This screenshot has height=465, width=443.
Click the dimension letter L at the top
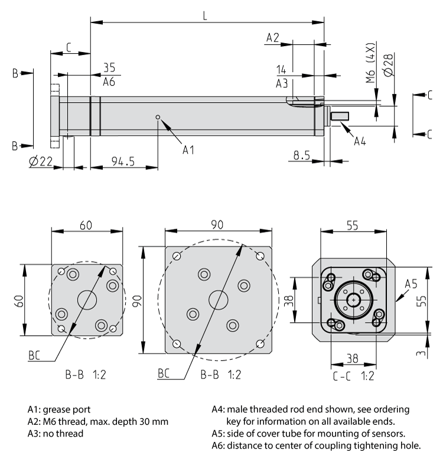(x=204, y=16)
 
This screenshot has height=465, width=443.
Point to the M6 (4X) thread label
(x=370, y=63)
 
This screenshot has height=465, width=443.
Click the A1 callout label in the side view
(x=188, y=150)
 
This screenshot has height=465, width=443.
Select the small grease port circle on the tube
(x=158, y=117)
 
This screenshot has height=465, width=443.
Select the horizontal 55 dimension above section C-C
(x=352, y=225)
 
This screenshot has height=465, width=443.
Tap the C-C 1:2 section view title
(x=352, y=375)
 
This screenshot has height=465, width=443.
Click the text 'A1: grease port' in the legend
(x=59, y=409)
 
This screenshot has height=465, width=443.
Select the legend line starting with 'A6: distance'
(x=316, y=446)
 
